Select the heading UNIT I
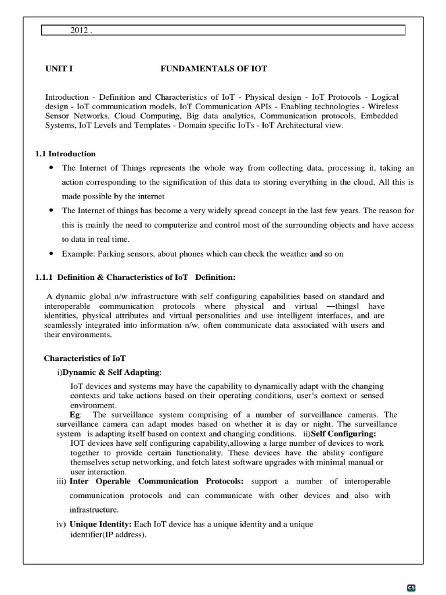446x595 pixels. (x=59, y=69)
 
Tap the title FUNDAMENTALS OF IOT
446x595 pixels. (x=213, y=69)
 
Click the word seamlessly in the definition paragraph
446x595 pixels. (x=64, y=325)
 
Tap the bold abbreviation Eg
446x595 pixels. (x=74, y=414)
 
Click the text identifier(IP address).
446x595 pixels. (x=108, y=534)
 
